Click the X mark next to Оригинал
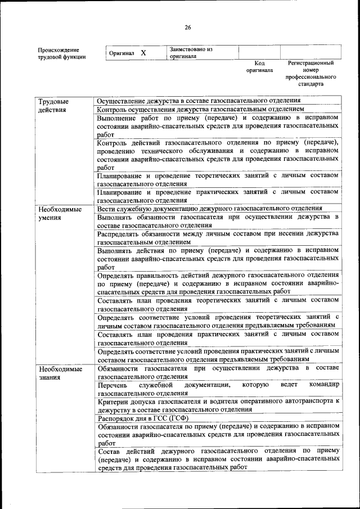(143, 53)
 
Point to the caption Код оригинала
(259, 67)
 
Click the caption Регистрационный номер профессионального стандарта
(310, 74)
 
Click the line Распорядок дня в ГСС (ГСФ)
(143, 419)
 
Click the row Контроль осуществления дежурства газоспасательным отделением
(200, 109)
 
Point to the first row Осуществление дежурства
(198, 100)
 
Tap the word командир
(324, 385)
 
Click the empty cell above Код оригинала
(259, 52)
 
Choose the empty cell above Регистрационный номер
(310, 52)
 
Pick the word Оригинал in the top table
(121, 53)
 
